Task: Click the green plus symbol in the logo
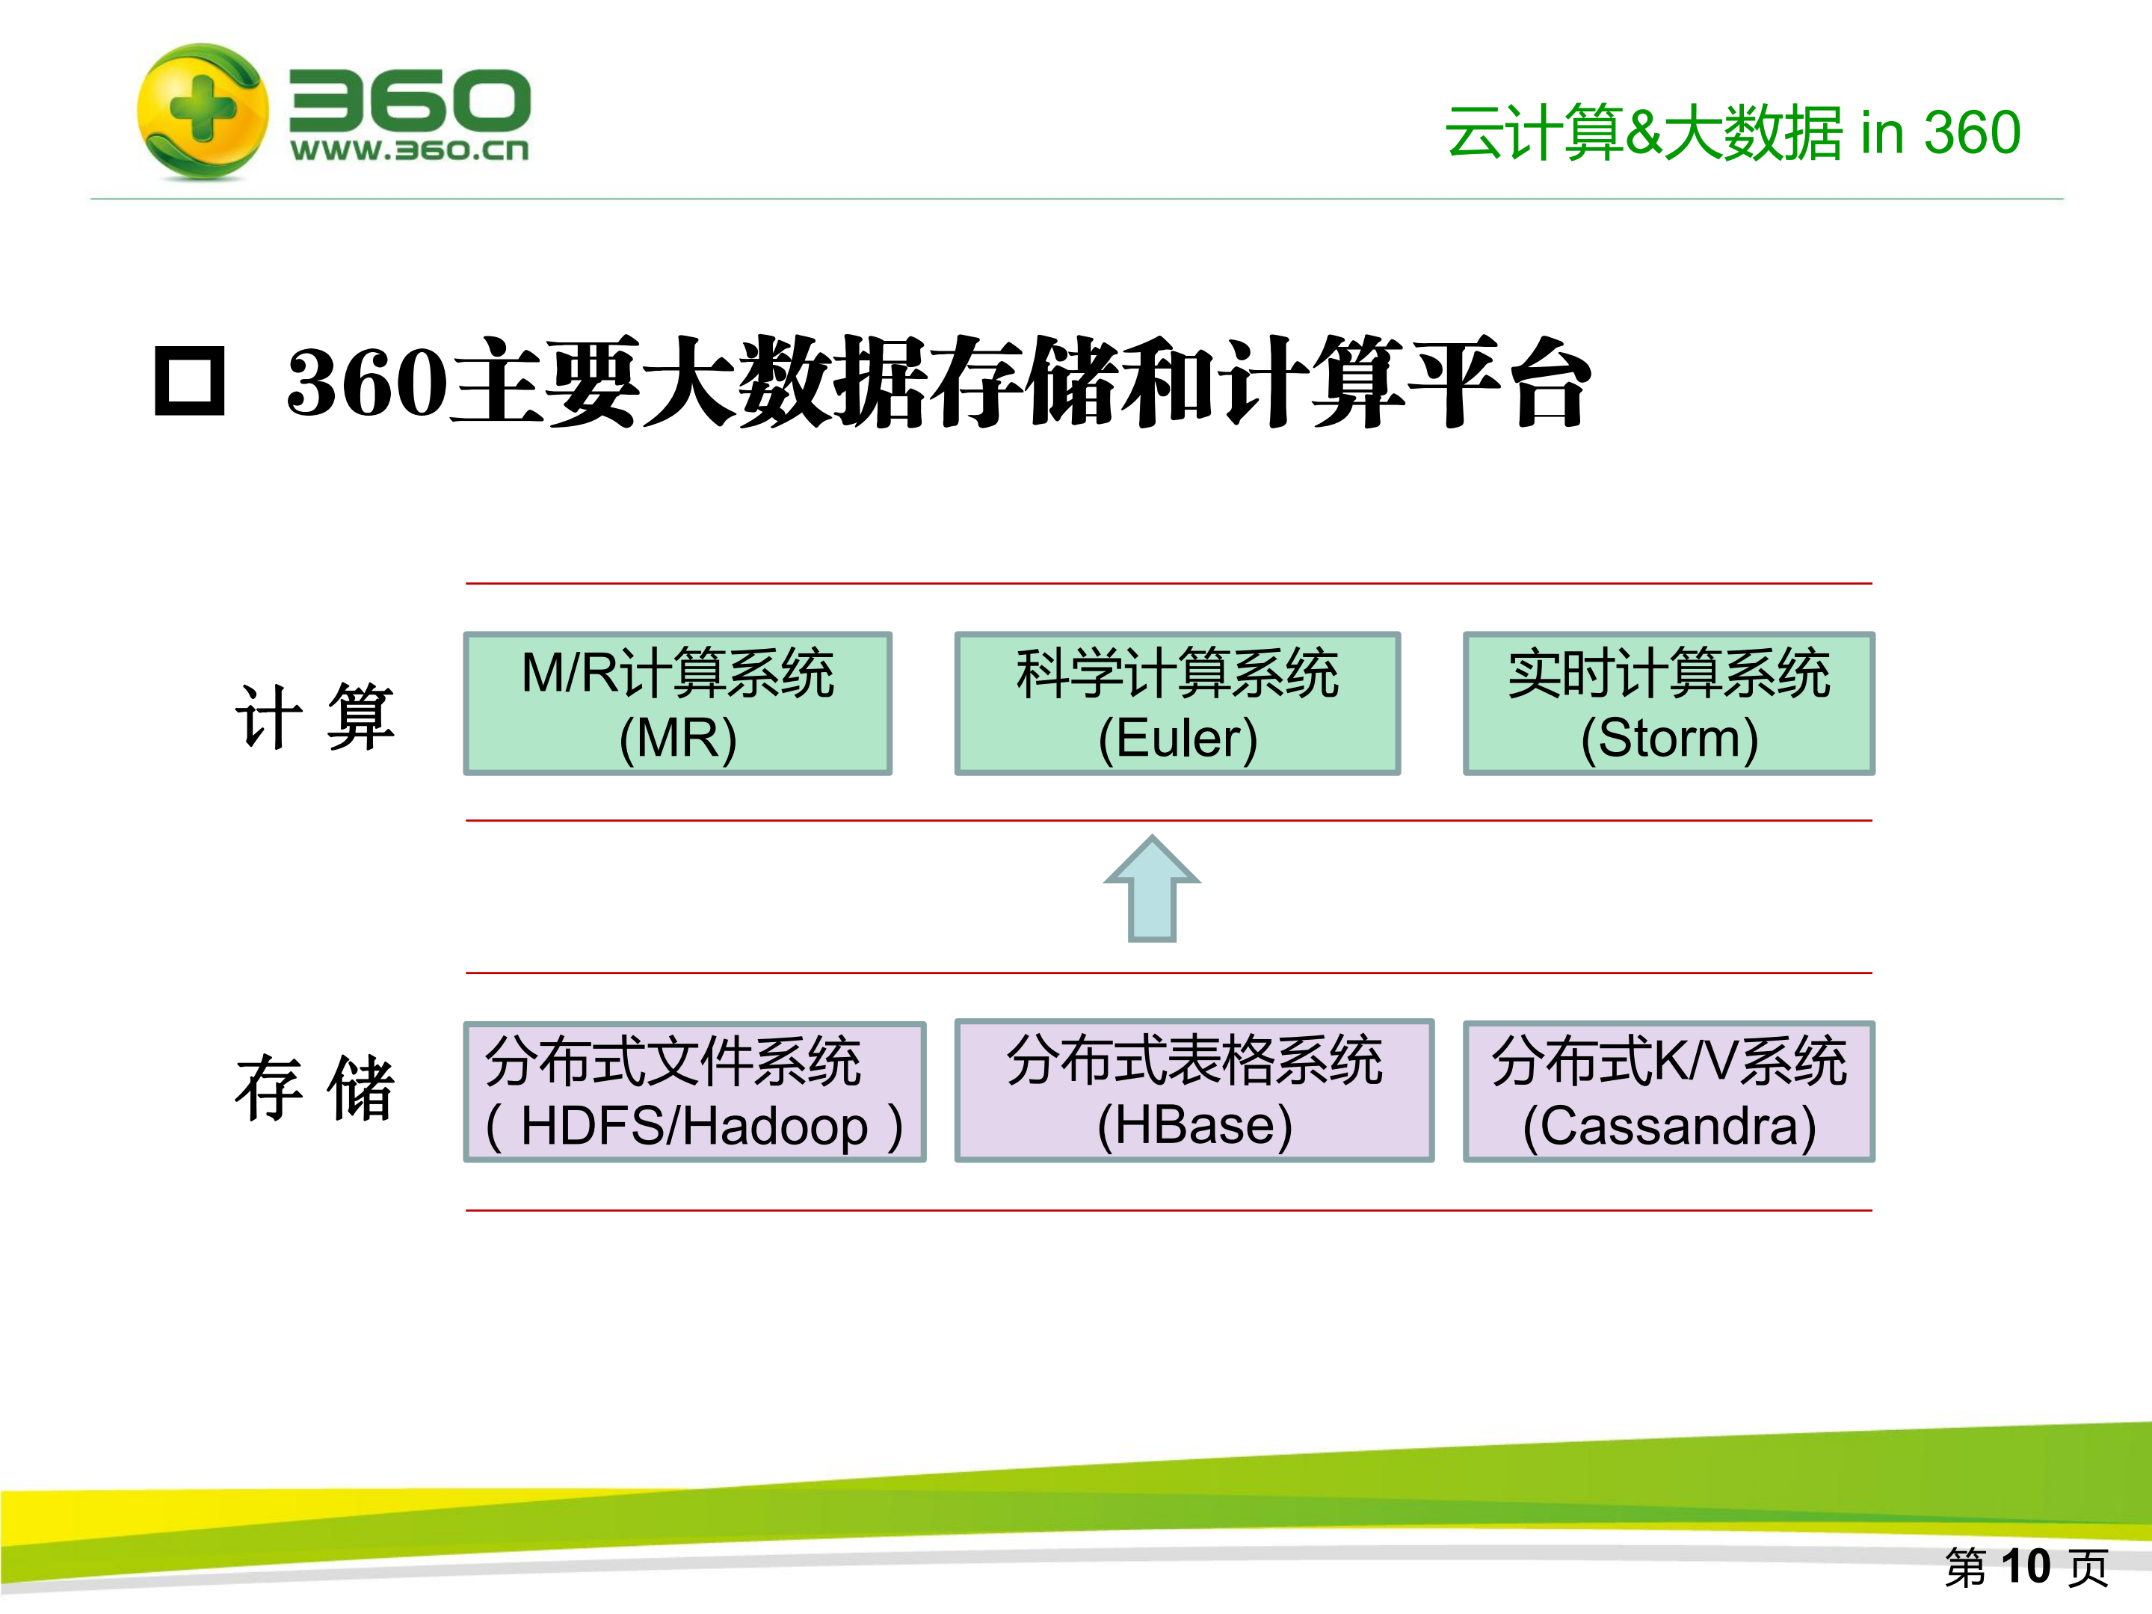201,108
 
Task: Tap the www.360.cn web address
409,150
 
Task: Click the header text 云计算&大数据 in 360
1732,133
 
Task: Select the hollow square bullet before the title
190,381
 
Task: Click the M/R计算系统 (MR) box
678,703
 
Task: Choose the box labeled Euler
1177,703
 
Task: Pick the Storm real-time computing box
1668,703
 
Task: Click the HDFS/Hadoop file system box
694,1091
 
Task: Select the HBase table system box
1194,1091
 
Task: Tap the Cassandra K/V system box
1668,1091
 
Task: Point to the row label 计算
314,717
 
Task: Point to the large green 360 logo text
410,99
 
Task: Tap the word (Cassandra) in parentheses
1668,1127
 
